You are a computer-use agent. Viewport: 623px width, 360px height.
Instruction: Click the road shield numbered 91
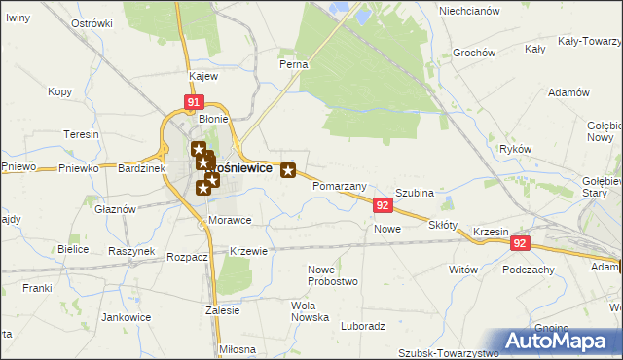click(194, 101)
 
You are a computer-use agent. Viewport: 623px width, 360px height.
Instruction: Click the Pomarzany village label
click(340, 186)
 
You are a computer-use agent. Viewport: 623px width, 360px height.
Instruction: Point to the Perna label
click(294, 64)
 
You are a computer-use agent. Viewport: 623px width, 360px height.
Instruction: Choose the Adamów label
click(569, 92)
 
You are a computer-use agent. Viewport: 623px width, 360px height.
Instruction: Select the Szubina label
click(414, 194)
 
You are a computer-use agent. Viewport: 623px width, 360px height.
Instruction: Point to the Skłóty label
click(443, 225)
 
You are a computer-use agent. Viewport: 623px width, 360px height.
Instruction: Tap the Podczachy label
click(531, 270)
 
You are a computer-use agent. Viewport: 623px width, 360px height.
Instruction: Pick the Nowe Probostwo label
click(333, 275)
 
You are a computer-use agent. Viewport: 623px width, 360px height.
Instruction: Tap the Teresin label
click(81, 134)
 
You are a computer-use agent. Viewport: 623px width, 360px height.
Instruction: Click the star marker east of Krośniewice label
click(288, 171)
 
